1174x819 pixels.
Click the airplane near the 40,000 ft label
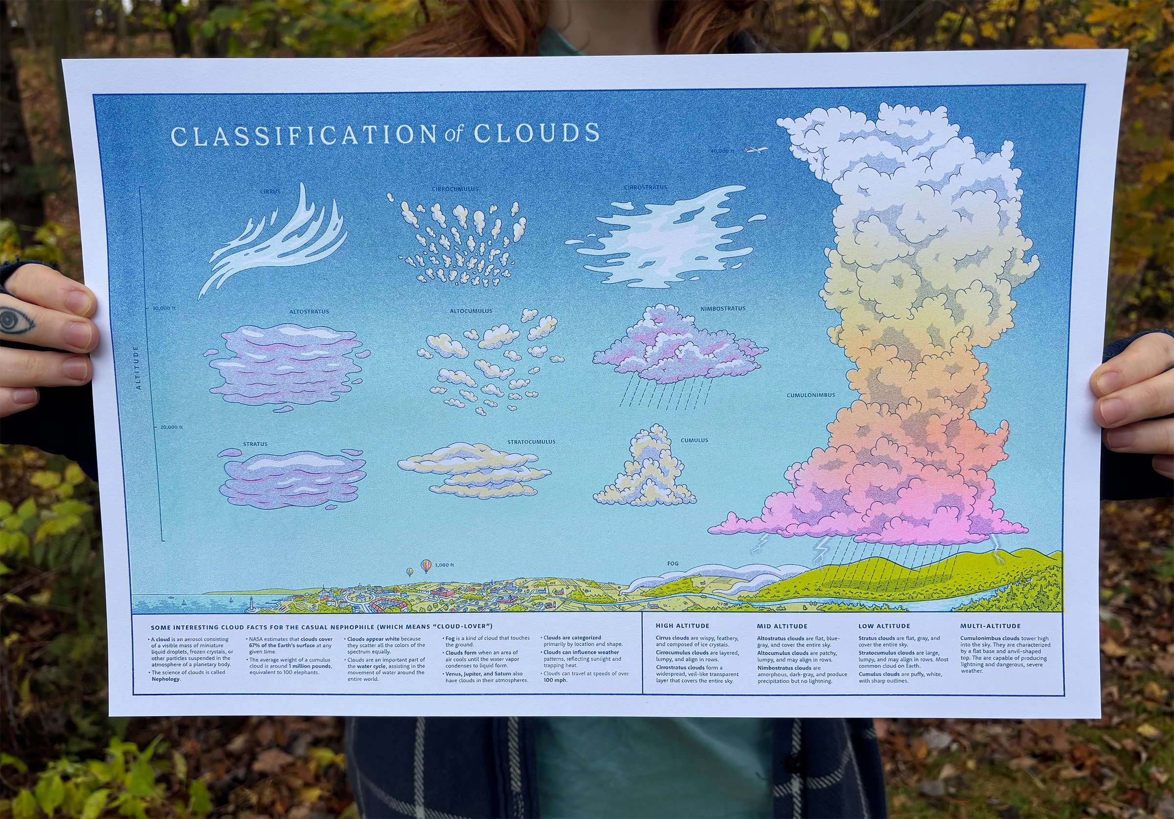pos(756,150)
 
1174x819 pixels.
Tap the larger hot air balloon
pos(426,565)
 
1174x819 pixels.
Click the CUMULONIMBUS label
pos(811,395)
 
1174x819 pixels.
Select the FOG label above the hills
pos(673,563)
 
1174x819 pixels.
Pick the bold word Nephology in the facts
pos(166,679)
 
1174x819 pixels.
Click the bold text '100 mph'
pos(555,680)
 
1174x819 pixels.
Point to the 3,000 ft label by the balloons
pos(444,565)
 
